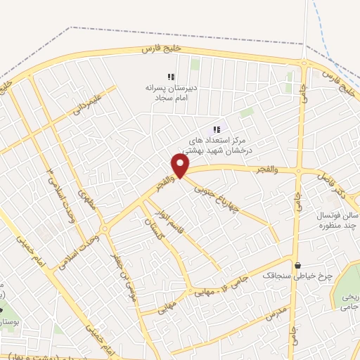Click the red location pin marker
(181, 165)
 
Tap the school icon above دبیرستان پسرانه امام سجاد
(170, 77)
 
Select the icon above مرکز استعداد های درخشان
(217, 129)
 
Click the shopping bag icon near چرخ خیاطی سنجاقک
(300, 266)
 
